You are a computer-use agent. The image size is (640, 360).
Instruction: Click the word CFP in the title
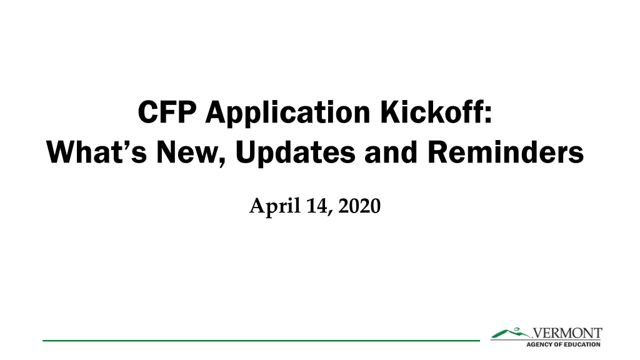point(167,112)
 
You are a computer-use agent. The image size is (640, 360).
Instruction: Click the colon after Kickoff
point(488,115)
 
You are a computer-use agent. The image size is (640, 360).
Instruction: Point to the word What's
point(97,152)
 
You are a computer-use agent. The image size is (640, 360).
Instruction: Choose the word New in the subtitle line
point(187,152)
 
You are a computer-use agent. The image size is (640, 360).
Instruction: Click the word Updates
point(296,154)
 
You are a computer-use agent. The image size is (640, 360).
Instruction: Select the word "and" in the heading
point(391,152)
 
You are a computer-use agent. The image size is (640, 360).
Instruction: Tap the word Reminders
point(506,152)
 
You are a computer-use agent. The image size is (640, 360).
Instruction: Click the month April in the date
point(275,206)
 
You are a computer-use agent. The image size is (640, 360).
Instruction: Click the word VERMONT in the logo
point(567,333)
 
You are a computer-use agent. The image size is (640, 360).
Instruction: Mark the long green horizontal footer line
point(261,341)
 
